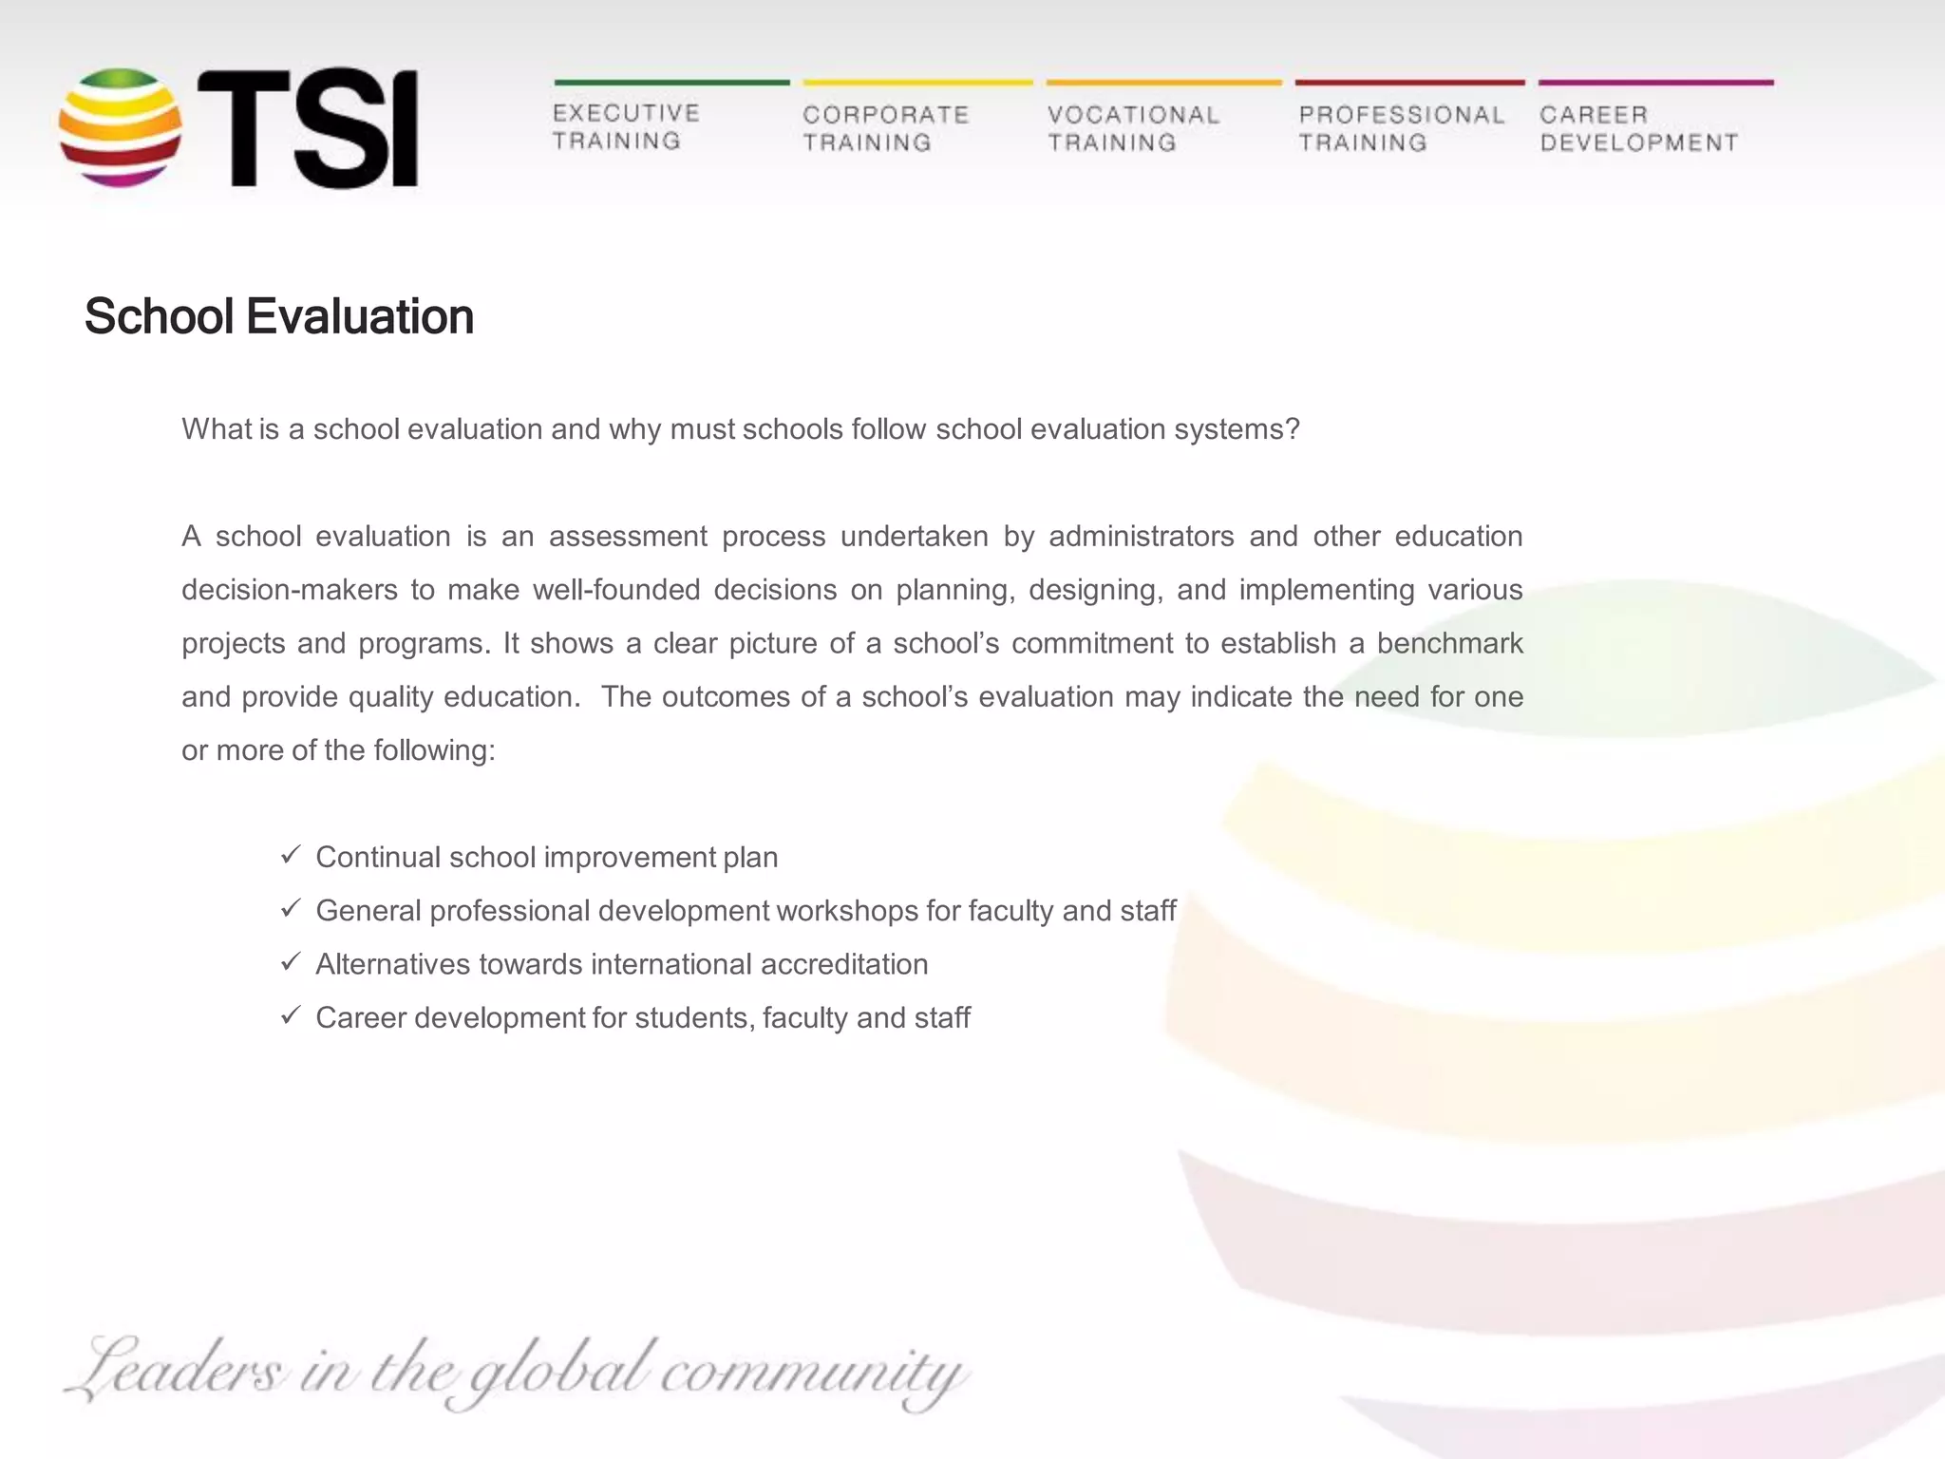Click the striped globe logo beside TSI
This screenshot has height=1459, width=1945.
pyautogui.click(x=120, y=127)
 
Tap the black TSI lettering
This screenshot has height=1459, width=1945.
pyautogui.click(x=308, y=127)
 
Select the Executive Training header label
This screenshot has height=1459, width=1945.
pyautogui.click(x=626, y=127)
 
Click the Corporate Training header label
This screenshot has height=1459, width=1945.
pyautogui.click(x=885, y=128)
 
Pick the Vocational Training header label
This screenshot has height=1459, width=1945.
pyautogui.click(x=1133, y=128)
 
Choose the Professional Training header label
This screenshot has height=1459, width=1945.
pyautogui.click(x=1401, y=128)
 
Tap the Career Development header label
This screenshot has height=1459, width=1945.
pyautogui.click(x=1638, y=128)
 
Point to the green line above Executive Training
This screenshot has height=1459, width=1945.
pyautogui.click(x=671, y=83)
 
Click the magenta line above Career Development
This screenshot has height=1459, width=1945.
pyautogui.click(x=1655, y=83)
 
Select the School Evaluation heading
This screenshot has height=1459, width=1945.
pyautogui.click(x=279, y=316)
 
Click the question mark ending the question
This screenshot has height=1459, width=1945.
pyautogui.click(x=1291, y=429)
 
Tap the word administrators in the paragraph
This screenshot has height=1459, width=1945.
pyautogui.click(x=1141, y=537)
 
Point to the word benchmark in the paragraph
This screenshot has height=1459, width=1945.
pyautogui.click(x=1449, y=644)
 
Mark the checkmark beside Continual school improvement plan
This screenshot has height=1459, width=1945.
pyautogui.click(x=291, y=855)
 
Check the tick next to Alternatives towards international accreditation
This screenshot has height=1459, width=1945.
pyautogui.click(x=291, y=962)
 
